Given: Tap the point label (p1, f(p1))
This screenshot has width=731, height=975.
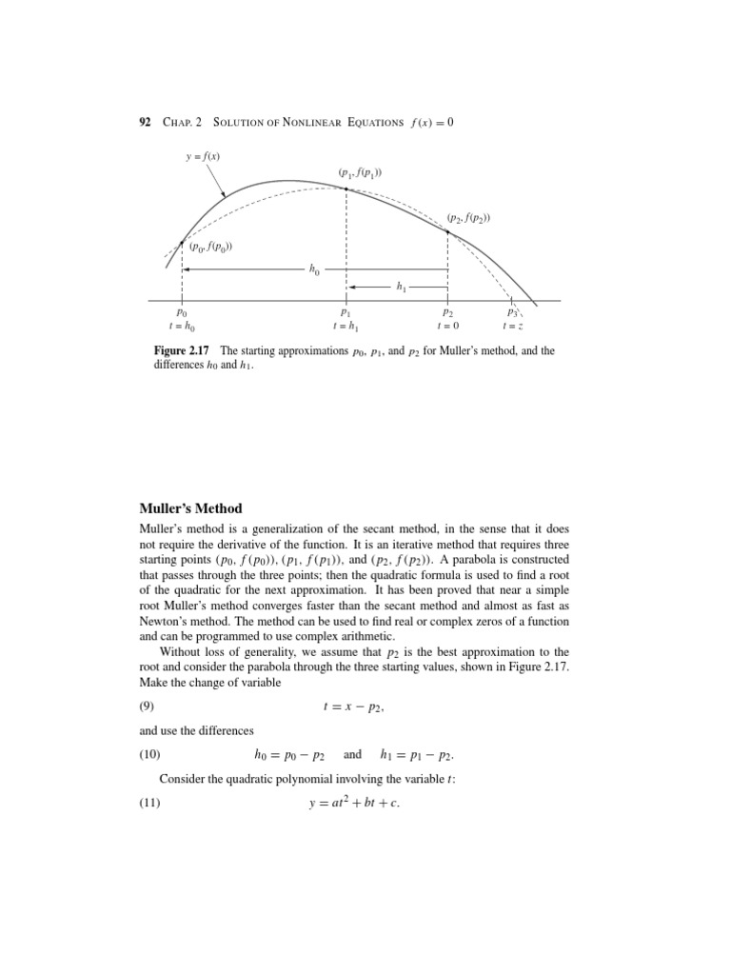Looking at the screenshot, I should [359, 172].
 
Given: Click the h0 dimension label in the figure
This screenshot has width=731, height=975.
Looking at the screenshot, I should [314, 270].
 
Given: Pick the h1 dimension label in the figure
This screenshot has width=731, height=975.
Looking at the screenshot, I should [400, 286].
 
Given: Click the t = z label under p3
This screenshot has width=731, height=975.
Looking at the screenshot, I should [511, 326].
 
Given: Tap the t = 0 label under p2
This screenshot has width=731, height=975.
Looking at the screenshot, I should [446, 326].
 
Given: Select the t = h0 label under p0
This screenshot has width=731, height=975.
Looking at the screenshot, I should [182, 326].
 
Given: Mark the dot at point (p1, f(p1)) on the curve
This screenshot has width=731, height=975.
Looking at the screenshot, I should [346, 189].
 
